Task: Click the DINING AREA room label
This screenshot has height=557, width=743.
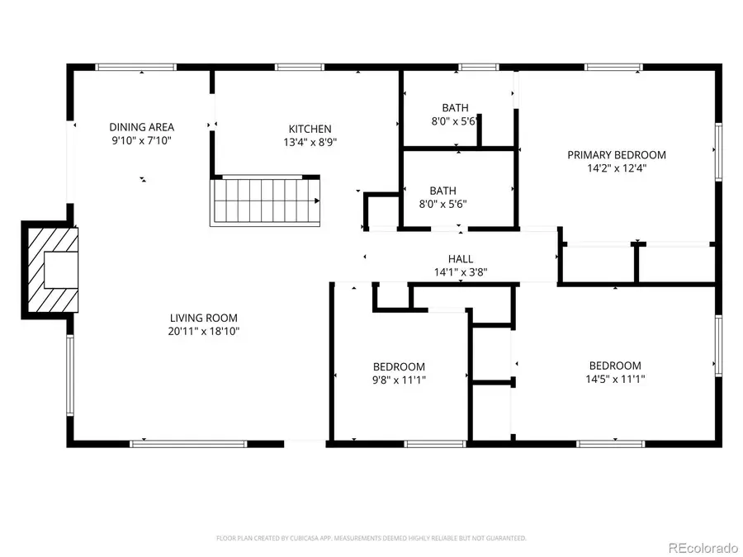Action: click(x=142, y=126)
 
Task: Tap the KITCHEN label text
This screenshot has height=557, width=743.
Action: click(x=310, y=129)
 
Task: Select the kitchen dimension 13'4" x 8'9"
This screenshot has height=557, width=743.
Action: click(x=310, y=142)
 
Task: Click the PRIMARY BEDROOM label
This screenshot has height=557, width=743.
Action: click(x=616, y=154)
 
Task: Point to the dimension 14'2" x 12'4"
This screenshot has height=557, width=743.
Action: click(x=616, y=168)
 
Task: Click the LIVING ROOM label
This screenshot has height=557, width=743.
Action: click(x=203, y=318)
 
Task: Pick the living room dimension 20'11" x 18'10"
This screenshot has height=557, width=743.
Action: click(x=203, y=332)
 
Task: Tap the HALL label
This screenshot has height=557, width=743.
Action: click(x=461, y=258)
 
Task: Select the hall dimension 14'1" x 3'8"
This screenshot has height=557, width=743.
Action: click(x=461, y=271)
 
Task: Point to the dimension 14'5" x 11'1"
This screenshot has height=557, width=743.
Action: click(x=615, y=380)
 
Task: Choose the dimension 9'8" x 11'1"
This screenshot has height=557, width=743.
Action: click(x=399, y=380)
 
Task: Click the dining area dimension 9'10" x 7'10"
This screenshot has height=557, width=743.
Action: click(x=142, y=140)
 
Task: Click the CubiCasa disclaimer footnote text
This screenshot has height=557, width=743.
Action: click(x=371, y=538)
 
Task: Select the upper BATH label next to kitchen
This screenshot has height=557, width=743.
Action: click(x=455, y=107)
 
